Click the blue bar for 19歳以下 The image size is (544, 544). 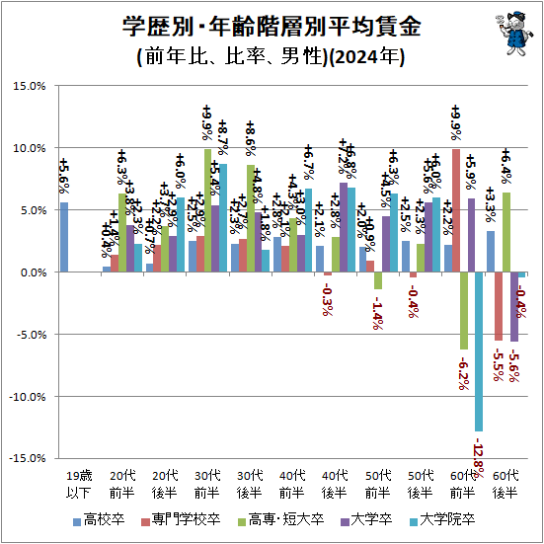click(x=64, y=237)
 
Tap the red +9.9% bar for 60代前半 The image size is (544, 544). click(x=456, y=210)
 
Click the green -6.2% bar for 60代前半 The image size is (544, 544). click(x=464, y=310)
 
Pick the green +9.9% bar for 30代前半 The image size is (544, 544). click(x=207, y=210)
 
